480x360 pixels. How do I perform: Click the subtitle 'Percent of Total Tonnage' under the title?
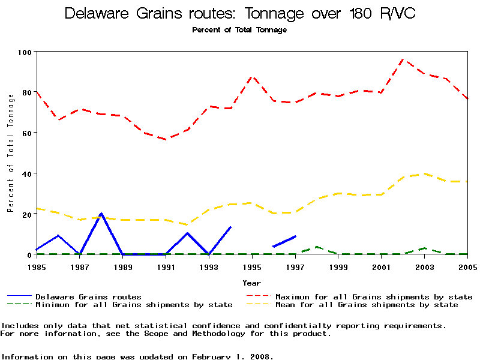click(x=239, y=30)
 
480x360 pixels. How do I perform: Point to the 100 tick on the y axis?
click(x=24, y=52)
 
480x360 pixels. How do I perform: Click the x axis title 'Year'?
click(x=252, y=283)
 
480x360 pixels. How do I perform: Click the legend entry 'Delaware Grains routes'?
click(x=88, y=296)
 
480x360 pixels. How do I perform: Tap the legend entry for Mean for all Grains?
click(x=366, y=305)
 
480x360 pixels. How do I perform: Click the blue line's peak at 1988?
click(x=101, y=213)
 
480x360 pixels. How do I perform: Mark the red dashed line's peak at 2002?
click(x=403, y=59)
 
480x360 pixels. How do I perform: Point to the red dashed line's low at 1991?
click(x=166, y=139)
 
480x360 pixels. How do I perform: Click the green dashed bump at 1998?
click(x=316, y=247)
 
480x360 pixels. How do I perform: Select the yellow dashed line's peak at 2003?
click(x=424, y=173)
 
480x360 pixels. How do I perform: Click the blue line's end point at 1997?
click(x=295, y=236)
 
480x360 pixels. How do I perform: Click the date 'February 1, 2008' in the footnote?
click(x=231, y=356)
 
